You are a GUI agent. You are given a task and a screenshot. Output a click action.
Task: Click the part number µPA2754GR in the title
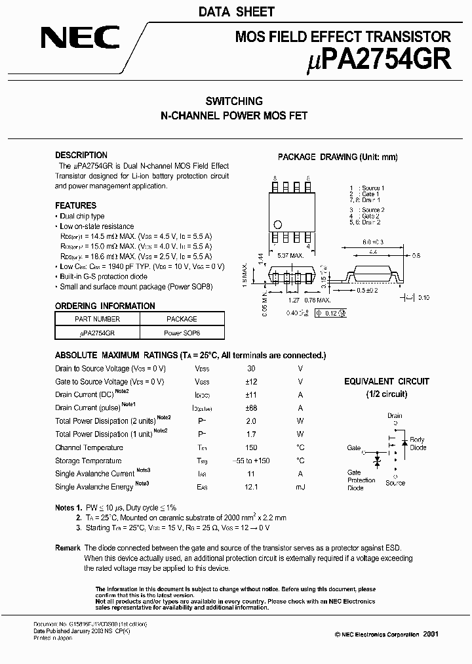(380, 60)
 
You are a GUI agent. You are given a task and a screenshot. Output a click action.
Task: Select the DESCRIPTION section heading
(81, 156)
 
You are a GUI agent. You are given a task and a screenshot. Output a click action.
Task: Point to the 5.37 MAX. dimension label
(290, 255)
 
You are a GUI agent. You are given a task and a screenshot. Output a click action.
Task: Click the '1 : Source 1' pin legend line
(367, 188)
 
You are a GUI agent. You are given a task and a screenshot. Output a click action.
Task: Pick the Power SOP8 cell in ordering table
(182, 333)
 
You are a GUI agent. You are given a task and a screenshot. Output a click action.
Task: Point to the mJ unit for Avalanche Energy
(300, 487)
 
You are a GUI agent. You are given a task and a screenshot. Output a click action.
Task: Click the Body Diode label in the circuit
(418, 444)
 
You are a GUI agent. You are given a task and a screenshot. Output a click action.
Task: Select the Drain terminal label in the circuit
(395, 415)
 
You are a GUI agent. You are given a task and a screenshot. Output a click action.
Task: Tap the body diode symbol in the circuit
(404, 444)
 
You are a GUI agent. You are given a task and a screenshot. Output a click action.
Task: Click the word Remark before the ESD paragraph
(68, 548)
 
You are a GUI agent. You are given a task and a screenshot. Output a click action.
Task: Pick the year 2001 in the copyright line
(431, 634)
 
